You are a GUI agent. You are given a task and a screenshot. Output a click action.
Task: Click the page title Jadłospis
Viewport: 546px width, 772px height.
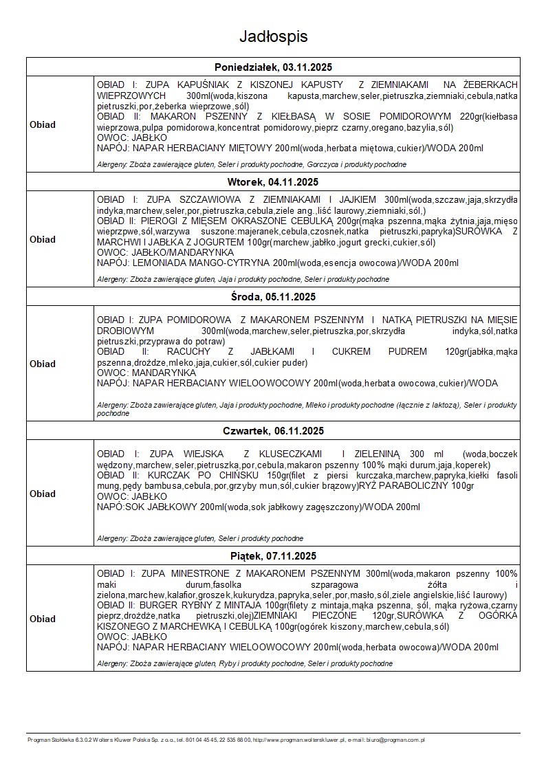pos(273,36)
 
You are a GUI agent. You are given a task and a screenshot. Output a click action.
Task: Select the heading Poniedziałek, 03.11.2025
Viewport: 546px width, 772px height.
pos(273,67)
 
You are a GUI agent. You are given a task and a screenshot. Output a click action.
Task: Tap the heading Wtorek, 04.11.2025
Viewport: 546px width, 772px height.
pos(273,182)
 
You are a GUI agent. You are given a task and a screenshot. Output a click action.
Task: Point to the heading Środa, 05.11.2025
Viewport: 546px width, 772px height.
pos(273,297)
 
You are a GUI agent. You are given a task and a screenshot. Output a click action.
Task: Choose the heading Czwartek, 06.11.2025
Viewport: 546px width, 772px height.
pos(273,431)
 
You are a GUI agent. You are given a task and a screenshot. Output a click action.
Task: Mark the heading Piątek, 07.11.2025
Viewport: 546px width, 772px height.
pos(273,555)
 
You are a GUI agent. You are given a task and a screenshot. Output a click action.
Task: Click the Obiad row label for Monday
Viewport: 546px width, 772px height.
pos(43,124)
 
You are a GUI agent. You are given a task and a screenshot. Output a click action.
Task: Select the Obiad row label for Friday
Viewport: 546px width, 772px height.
pos(43,619)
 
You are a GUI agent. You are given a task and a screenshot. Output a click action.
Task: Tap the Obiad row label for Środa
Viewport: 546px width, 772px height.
pos(43,364)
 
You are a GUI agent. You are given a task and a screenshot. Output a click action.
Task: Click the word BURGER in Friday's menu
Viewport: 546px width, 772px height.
pos(161,605)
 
